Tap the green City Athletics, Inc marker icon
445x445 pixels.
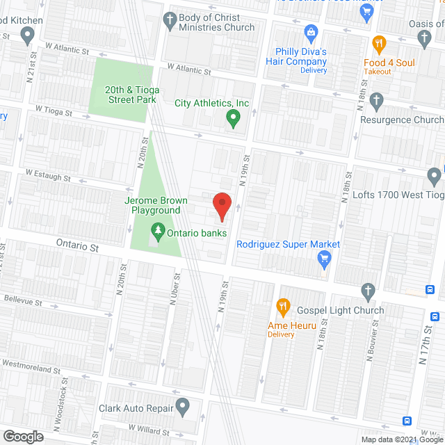point(234,120)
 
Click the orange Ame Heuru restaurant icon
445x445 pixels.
point(282,306)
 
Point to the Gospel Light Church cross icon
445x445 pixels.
point(369,291)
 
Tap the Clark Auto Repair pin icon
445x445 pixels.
point(182,405)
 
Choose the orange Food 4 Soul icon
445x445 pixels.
point(379,44)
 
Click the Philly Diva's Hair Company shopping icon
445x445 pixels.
point(311,32)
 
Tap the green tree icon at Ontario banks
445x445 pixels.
point(158,232)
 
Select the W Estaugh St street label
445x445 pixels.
point(48,175)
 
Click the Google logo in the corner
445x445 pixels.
point(22,436)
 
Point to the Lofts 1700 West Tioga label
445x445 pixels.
point(397,195)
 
